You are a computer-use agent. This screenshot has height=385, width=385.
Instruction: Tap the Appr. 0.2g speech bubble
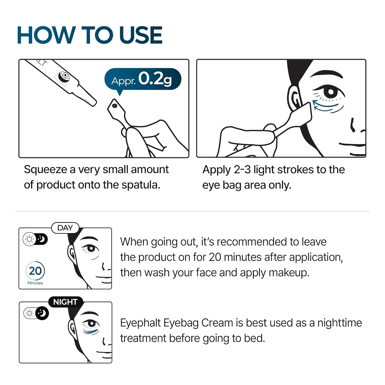pyautogui.click(x=143, y=79)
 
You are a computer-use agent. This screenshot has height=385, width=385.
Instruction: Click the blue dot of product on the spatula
pyautogui.click(x=115, y=105)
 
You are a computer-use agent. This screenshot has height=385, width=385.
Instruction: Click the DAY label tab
pyautogui.click(x=65, y=228)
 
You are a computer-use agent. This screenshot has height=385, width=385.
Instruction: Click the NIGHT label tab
pyautogui.click(x=65, y=302)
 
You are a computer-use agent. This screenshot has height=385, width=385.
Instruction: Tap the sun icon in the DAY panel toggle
pyautogui.click(x=29, y=239)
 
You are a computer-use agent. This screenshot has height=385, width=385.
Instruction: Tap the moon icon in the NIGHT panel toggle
pyautogui.click(x=42, y=313)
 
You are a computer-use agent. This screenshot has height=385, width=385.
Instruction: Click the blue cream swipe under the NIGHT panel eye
pyautogui.click(x=91, y=332)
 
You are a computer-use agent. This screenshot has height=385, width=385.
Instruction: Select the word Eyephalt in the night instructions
pyautogui.click(x=140, y=323)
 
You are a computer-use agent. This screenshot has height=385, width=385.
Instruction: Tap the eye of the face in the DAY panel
pyautogui.click(x=91, y=248)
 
